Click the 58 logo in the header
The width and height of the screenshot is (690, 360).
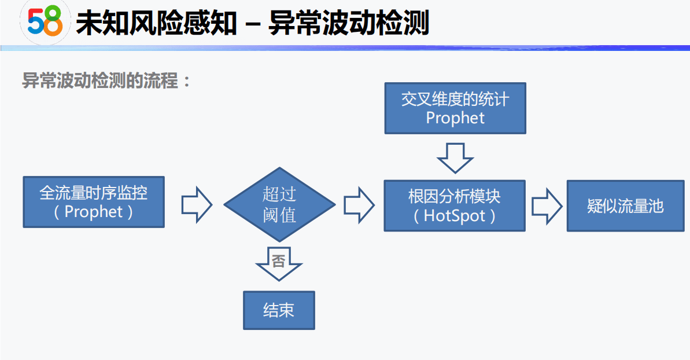[x=45, y=23]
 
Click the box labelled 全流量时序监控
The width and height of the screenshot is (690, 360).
[x=94, y=202]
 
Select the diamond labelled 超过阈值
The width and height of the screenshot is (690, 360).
[x=279, y=204]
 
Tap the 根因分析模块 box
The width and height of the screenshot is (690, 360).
[x=455, y=206]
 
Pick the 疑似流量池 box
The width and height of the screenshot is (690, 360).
[x=625, y=206]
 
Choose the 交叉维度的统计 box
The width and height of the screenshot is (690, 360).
[x=455, y=108]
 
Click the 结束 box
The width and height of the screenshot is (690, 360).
[x=279, y=310]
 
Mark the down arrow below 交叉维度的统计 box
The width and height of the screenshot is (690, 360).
[x=455, y=157]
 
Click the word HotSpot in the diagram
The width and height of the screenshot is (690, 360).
[x=455, y=216]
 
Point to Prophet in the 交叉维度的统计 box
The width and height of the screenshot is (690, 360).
[x=455, y=118]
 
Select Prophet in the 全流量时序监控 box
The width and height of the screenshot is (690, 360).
[x=94, y=212]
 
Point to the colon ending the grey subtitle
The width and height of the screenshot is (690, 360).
[x=186, y=82]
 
